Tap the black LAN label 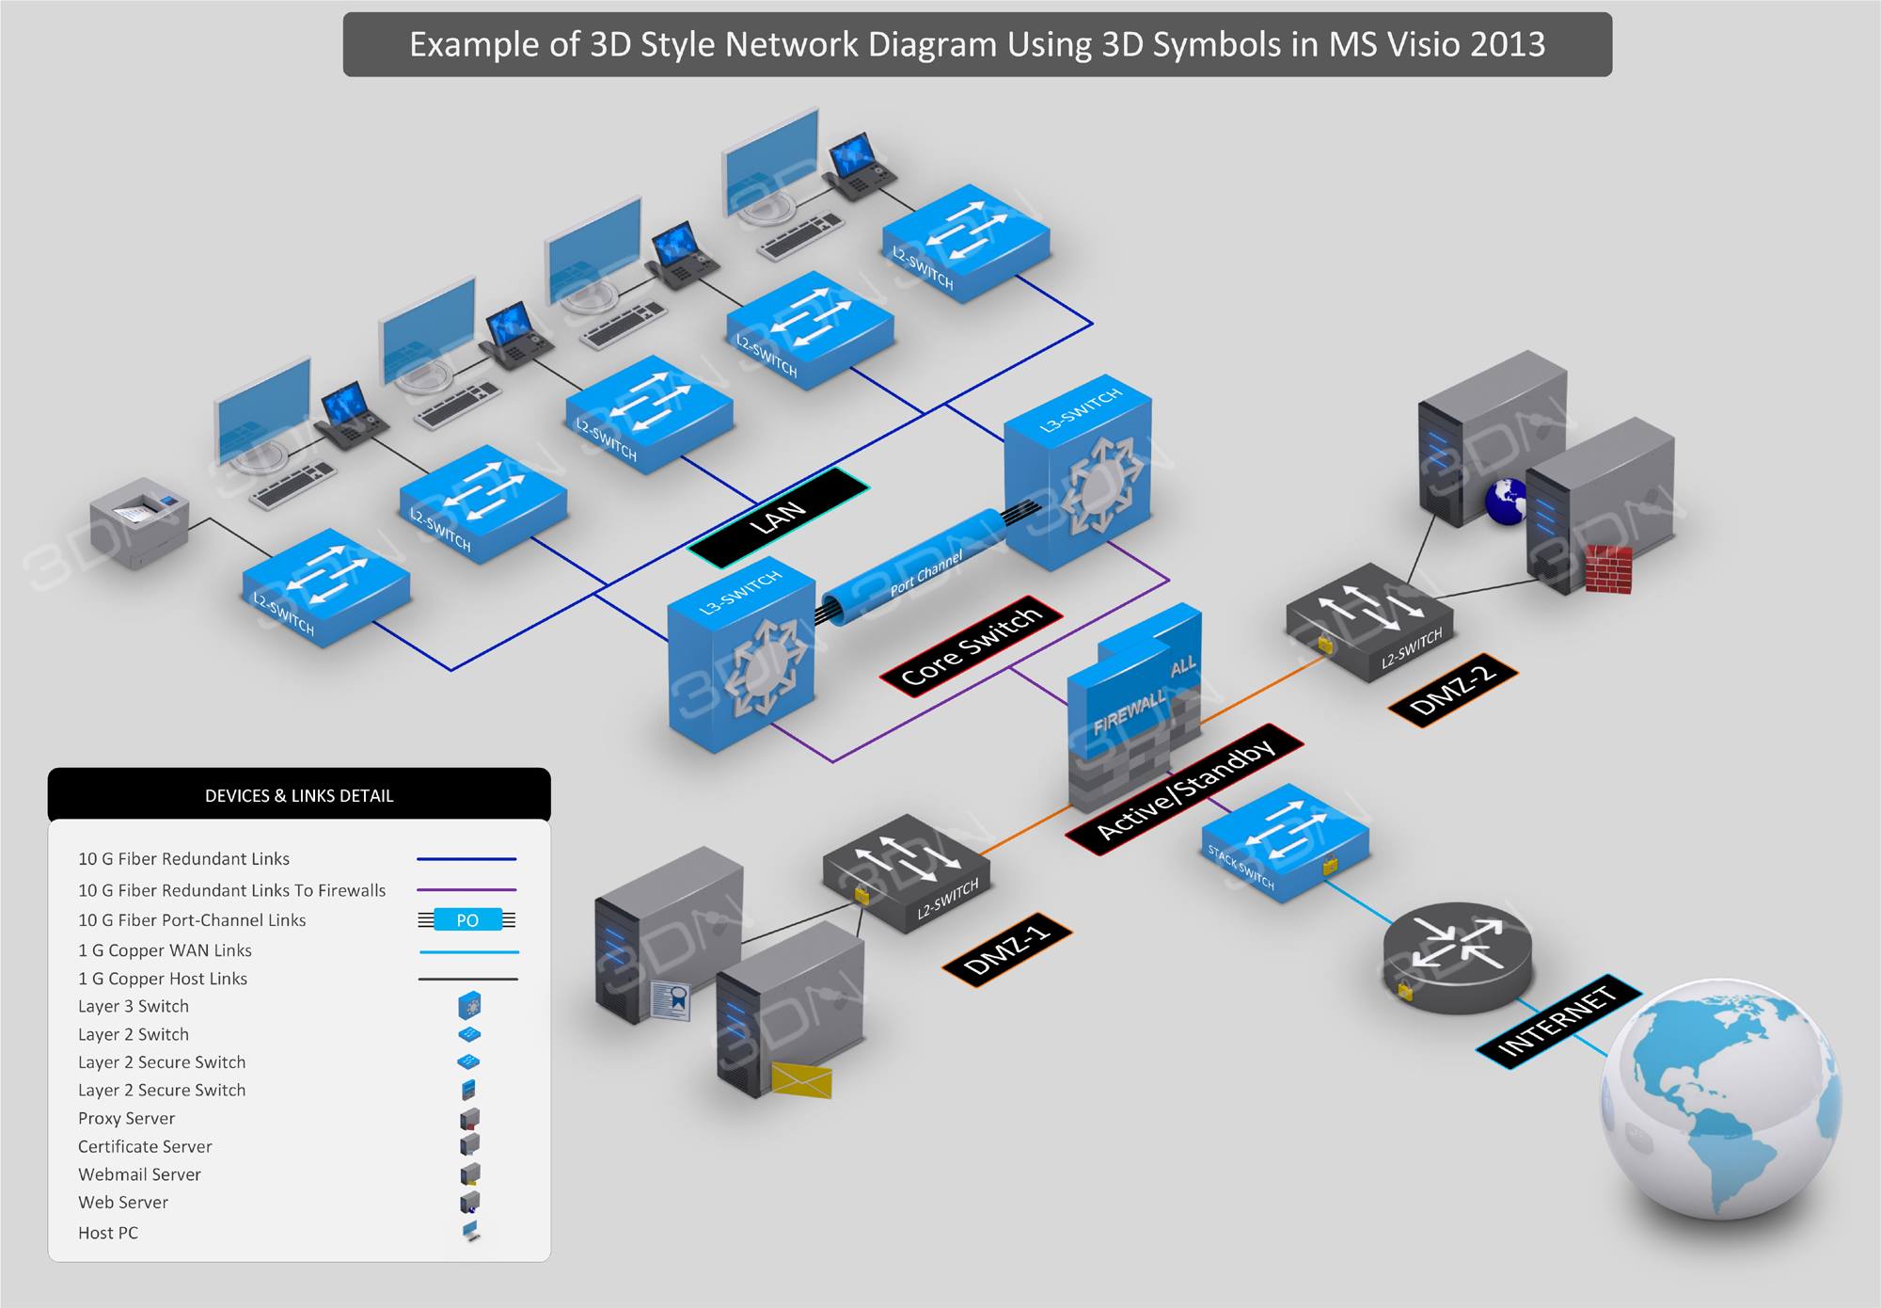point(779,518)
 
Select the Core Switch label point(971,646)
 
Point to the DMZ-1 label point(1006,949)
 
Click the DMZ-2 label point(1453,689)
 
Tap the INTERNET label point(1557,1021)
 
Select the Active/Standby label point(1184,789)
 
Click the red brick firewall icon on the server point(1608,569)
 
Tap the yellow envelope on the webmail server point(801,1080)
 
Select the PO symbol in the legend point(467,919)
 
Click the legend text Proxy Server point(126,1118)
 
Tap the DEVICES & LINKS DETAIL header point(299,795)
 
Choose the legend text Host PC point(108,1232)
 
